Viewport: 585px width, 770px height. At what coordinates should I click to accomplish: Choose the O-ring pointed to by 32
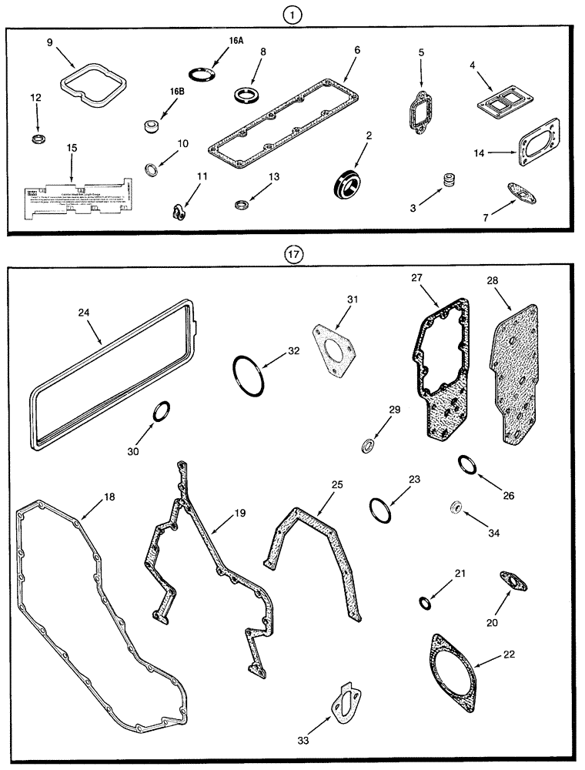click(x=246, y=375)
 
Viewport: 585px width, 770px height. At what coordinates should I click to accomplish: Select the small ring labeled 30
click(x=162, y=412)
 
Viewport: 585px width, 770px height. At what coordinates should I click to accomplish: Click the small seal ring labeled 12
click(x=36, y=139)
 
